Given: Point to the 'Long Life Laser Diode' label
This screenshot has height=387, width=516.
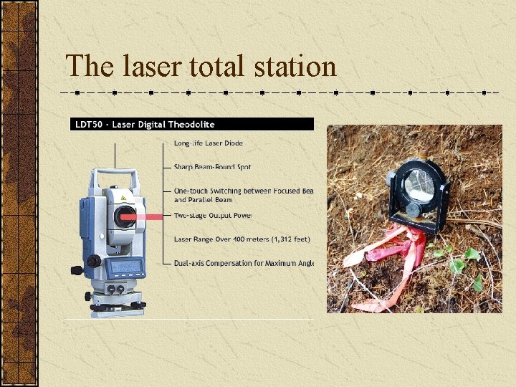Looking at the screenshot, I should pos(209,143).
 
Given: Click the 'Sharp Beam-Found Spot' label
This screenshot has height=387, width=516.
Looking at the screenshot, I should pos(212,167).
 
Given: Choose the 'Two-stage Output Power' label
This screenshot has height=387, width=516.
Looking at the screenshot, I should pos(213,215).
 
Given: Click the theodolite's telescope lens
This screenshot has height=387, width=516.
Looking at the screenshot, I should pos(125,216).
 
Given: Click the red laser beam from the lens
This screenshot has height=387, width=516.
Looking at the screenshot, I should pos(154,216).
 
